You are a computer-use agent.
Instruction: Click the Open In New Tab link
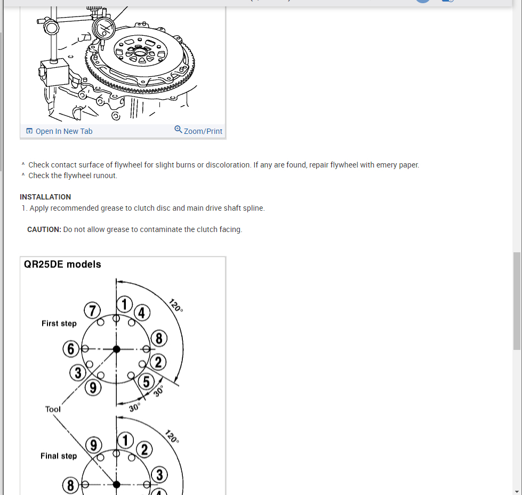coord(63,131)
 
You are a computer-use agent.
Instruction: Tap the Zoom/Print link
coord(203,131)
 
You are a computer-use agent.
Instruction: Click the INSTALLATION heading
coord(45,197)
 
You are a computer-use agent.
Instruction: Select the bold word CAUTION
coord(44,229)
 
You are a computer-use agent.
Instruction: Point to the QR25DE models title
coord(63,265)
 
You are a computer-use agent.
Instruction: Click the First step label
coord(59,323)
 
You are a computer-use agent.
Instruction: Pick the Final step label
coord(59,456)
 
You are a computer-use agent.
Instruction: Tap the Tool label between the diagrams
coord(53,409)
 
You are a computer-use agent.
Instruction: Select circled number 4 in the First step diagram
coord(141,313)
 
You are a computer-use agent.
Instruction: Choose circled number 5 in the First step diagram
coord(147,381)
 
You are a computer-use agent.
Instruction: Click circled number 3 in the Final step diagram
coord(159,475)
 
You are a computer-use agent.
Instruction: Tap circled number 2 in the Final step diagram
coord(143,449)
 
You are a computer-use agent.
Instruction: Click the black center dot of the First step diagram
coord(116,349)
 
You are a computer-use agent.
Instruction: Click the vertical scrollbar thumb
coord(516,301)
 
